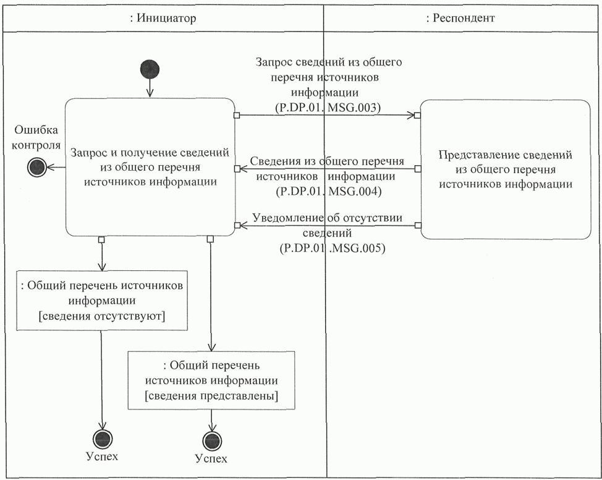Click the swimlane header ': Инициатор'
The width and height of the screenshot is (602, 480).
coord(163,18)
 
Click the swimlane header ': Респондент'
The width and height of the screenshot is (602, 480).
coord(460,18)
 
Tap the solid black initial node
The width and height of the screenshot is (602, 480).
coord(150,69)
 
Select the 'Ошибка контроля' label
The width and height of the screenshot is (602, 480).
coord(36,137)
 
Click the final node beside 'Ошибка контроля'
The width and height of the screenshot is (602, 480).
coord(37,168)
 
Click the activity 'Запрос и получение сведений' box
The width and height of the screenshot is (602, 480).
coord(150,167)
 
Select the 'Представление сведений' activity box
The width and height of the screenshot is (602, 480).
coord(506,169)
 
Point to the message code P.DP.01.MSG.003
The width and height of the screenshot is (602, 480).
coord(328,107)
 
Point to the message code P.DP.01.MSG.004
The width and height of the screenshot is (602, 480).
coord(329,191)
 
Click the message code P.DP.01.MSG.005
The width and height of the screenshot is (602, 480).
coord(332,248)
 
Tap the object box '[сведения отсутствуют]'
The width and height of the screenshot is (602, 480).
coord(102,301)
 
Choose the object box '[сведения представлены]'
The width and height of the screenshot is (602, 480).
coord(211,380)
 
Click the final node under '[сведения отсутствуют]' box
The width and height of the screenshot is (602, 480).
coord(103,439)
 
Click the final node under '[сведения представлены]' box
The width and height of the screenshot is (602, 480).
coord(212,441)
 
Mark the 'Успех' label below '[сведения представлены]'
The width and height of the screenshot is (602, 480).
coord(211,458)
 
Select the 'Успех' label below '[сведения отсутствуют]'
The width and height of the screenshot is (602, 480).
coord(102,456)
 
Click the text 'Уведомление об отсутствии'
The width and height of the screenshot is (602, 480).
coord(328,218)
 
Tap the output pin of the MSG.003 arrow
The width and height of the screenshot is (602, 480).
coord(237,115)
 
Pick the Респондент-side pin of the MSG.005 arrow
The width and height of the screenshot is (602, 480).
coord(418,225)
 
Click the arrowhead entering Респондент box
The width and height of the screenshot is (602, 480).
coord(412,115)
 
